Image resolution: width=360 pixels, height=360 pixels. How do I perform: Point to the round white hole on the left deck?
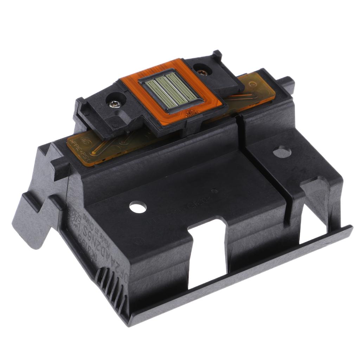138,207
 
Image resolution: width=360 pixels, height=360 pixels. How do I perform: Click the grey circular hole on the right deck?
282,152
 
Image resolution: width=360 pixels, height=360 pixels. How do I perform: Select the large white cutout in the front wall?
207,253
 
